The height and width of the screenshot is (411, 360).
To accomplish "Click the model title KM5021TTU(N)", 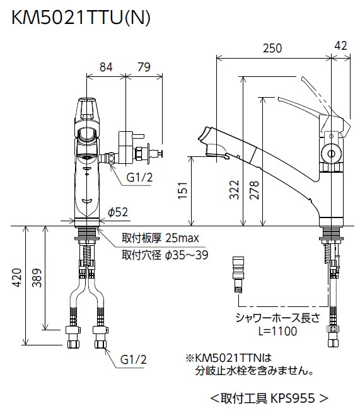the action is [81, 18].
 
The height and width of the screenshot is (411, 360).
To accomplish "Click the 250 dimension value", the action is [272, 49].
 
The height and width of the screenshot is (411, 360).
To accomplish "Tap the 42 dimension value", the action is [340, 45].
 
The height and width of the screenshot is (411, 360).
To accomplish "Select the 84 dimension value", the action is [106, 67].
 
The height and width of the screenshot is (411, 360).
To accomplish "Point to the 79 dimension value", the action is [144, 67].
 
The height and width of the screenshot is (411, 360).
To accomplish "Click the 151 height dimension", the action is [183, 190].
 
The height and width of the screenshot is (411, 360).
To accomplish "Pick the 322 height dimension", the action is [234, 190].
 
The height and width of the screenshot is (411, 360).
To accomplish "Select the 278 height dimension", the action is [254, 190].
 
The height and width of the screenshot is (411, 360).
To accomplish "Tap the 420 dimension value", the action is [17, 277].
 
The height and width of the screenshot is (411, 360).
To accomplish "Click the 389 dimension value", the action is [37, 278].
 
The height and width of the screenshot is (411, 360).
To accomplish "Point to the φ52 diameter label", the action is [118, 212].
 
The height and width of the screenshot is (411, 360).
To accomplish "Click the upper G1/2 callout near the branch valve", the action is [139, 178].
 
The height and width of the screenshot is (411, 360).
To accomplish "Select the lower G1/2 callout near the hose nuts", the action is [133, 359].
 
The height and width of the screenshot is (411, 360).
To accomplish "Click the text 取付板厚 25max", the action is [160, 238].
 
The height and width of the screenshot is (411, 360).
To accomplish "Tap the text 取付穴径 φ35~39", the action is [165, 255].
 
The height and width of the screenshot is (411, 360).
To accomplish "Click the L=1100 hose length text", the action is [277, 332].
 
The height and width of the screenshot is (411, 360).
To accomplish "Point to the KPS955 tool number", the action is [293, 398].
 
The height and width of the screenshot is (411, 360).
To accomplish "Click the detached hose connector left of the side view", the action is [238, 275].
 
